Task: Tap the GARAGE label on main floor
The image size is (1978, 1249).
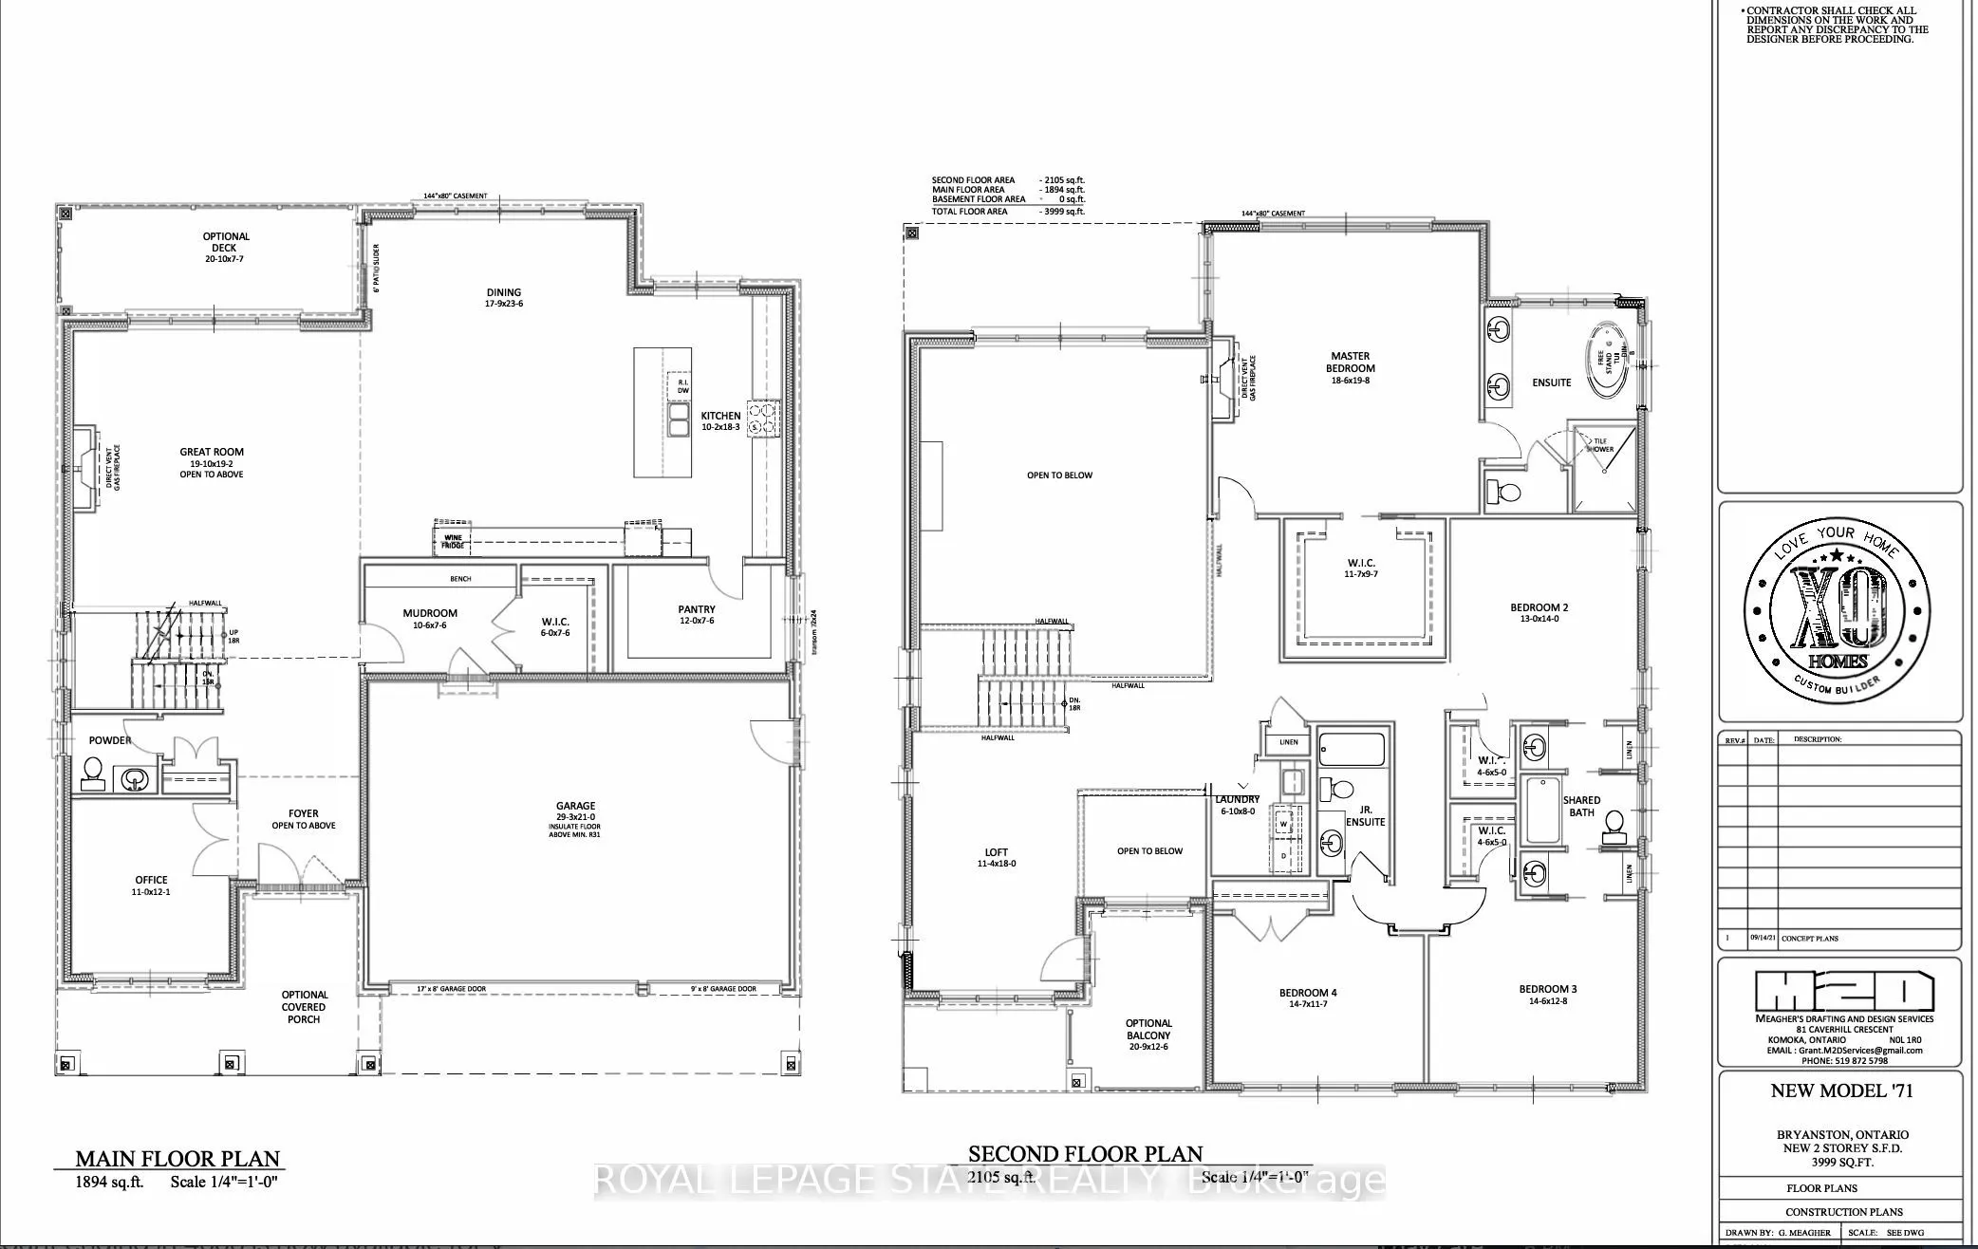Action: click(x=575, y=806)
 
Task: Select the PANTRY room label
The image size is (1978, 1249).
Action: click(x=697, y=609)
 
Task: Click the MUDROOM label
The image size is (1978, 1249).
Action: click(x=429, y=613)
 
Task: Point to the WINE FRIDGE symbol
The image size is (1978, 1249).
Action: click(x=453, y=541)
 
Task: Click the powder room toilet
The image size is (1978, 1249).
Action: click(x=93, y=774)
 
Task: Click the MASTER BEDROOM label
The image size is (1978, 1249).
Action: click(x=1350, y=363)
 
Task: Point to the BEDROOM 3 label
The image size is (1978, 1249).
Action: click(x=1547, y=990)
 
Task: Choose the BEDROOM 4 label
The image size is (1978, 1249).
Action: click(x=1307, y=994)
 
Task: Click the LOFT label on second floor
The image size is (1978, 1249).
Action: click(x=996, y=852)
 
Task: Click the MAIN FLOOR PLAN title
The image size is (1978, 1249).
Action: click(x=177, y=1159)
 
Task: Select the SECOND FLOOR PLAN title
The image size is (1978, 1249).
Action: click(x=1085, y=1154)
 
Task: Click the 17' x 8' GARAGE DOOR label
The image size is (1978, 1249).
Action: click(x=452, y=989)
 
